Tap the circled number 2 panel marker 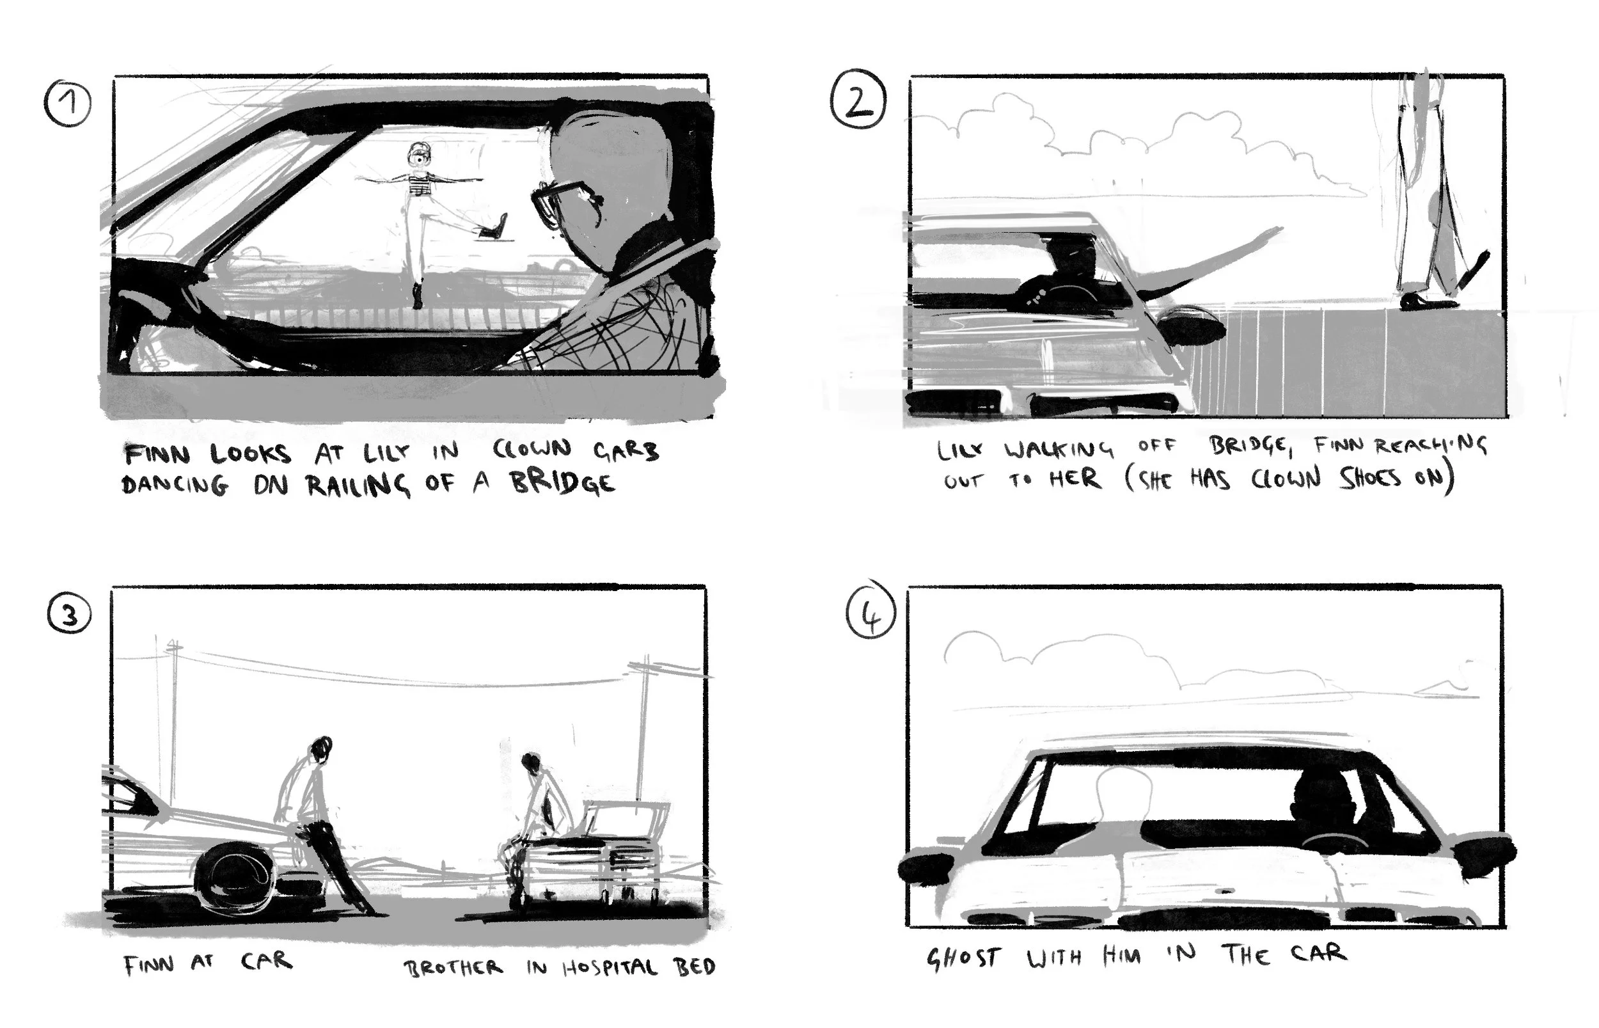click(x=858, y=99)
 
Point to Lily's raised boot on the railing click(x=492, y=227)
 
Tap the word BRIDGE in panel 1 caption click(x=563, y=482)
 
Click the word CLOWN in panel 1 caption click(x=532, y=448)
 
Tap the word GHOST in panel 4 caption click(x=963, y=958)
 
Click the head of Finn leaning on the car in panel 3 click(x=322, y=747)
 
